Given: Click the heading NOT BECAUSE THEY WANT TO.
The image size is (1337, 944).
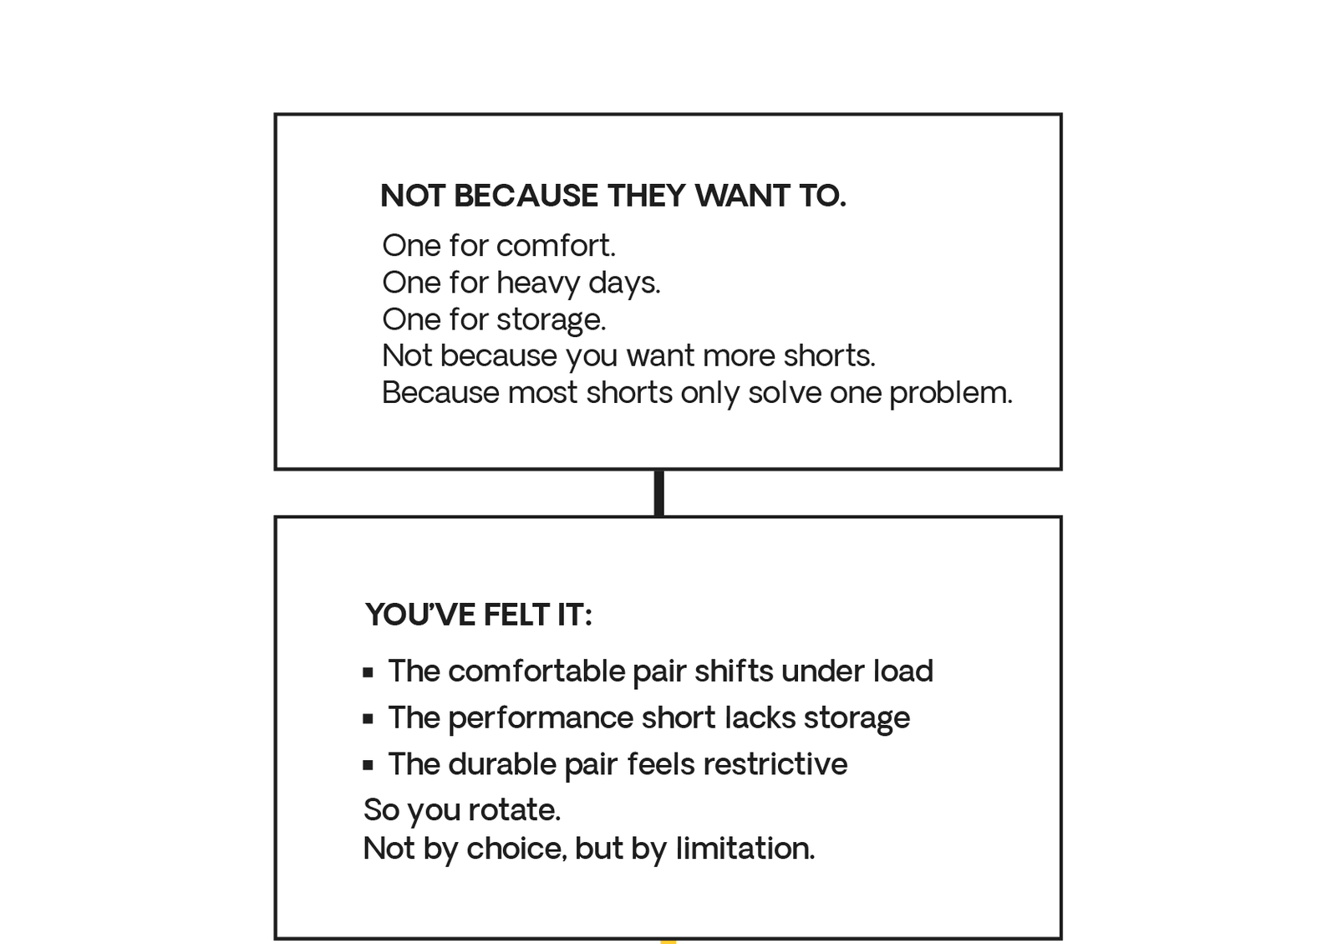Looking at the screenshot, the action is point(613,196).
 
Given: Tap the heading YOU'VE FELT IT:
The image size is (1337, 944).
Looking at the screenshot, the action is point(478,615).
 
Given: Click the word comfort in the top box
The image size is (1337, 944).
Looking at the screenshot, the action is point(555,245).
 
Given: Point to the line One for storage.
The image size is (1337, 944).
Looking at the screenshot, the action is point(494,319).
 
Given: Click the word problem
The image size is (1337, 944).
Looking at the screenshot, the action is point(951,394).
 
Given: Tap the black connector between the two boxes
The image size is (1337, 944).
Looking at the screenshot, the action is point(659,493).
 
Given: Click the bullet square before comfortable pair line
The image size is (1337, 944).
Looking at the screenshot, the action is point(369,673).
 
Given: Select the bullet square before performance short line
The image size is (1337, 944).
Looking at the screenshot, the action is point(369,719).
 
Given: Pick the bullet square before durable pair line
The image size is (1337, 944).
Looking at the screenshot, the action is point(369,765).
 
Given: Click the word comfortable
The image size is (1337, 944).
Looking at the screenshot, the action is point(536,671).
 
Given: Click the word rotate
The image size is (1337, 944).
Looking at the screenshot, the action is point(515,810).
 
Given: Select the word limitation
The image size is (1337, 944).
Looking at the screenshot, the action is point(745,848).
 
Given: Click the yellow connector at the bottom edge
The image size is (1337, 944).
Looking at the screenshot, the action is point(668,941).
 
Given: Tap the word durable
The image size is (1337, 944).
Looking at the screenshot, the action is point(502,763).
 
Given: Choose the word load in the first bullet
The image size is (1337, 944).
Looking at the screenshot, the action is point(903,671).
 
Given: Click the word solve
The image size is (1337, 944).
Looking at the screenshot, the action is point(785,393).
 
